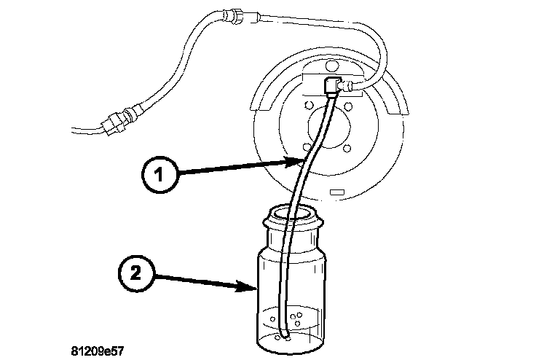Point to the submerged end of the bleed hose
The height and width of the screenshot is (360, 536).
[284, 336]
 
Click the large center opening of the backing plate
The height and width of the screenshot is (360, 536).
[328, 130]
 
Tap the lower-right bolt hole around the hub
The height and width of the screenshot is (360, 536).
[347, 149]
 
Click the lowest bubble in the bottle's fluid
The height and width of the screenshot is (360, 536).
[291, 337]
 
